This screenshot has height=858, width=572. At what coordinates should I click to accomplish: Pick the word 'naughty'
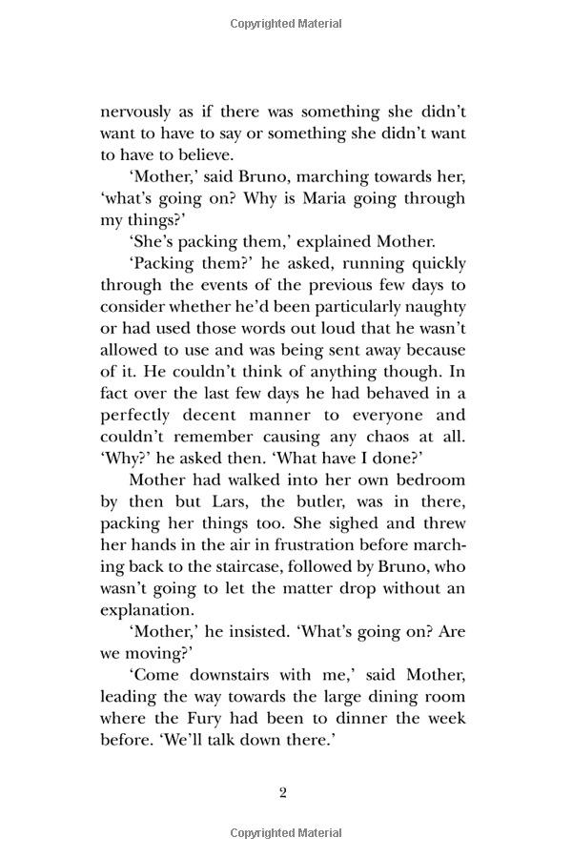tap(430, 307)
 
